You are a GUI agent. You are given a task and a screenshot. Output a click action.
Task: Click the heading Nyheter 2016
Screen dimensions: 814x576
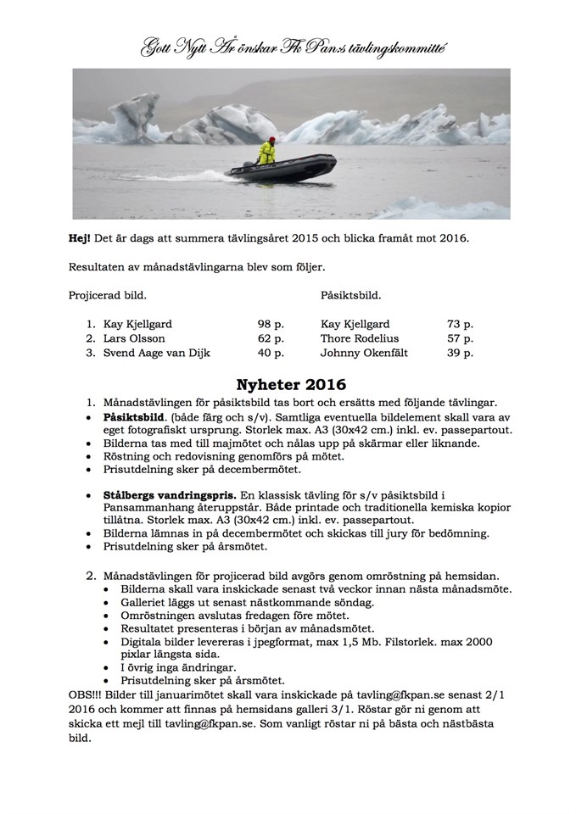pyautogui.click(x=288, y=382)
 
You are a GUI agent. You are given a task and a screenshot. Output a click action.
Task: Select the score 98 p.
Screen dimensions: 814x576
pyautogui.click(x=271, y=324)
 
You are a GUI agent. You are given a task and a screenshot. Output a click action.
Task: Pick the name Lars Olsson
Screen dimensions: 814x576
pyautogui.click(x=137, y=338)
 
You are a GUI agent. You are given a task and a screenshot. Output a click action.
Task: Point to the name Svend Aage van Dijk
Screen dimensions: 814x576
pyautogui.click(x=158, y=353)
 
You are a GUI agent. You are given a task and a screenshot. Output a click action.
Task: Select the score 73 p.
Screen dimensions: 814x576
pyautogui.click(x=460, y=324)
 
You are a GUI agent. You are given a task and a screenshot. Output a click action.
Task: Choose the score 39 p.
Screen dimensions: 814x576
pyautogui.click(x=460, y=353)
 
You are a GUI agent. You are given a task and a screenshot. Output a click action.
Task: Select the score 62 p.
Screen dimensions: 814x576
pyautogui.click(x=271, y=338)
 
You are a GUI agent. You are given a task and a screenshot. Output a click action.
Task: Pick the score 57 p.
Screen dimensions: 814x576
pyautogui.click(x=460, y=338)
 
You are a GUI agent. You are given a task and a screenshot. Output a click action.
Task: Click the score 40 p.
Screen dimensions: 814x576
pyautogui.click(x=271, y=353)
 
